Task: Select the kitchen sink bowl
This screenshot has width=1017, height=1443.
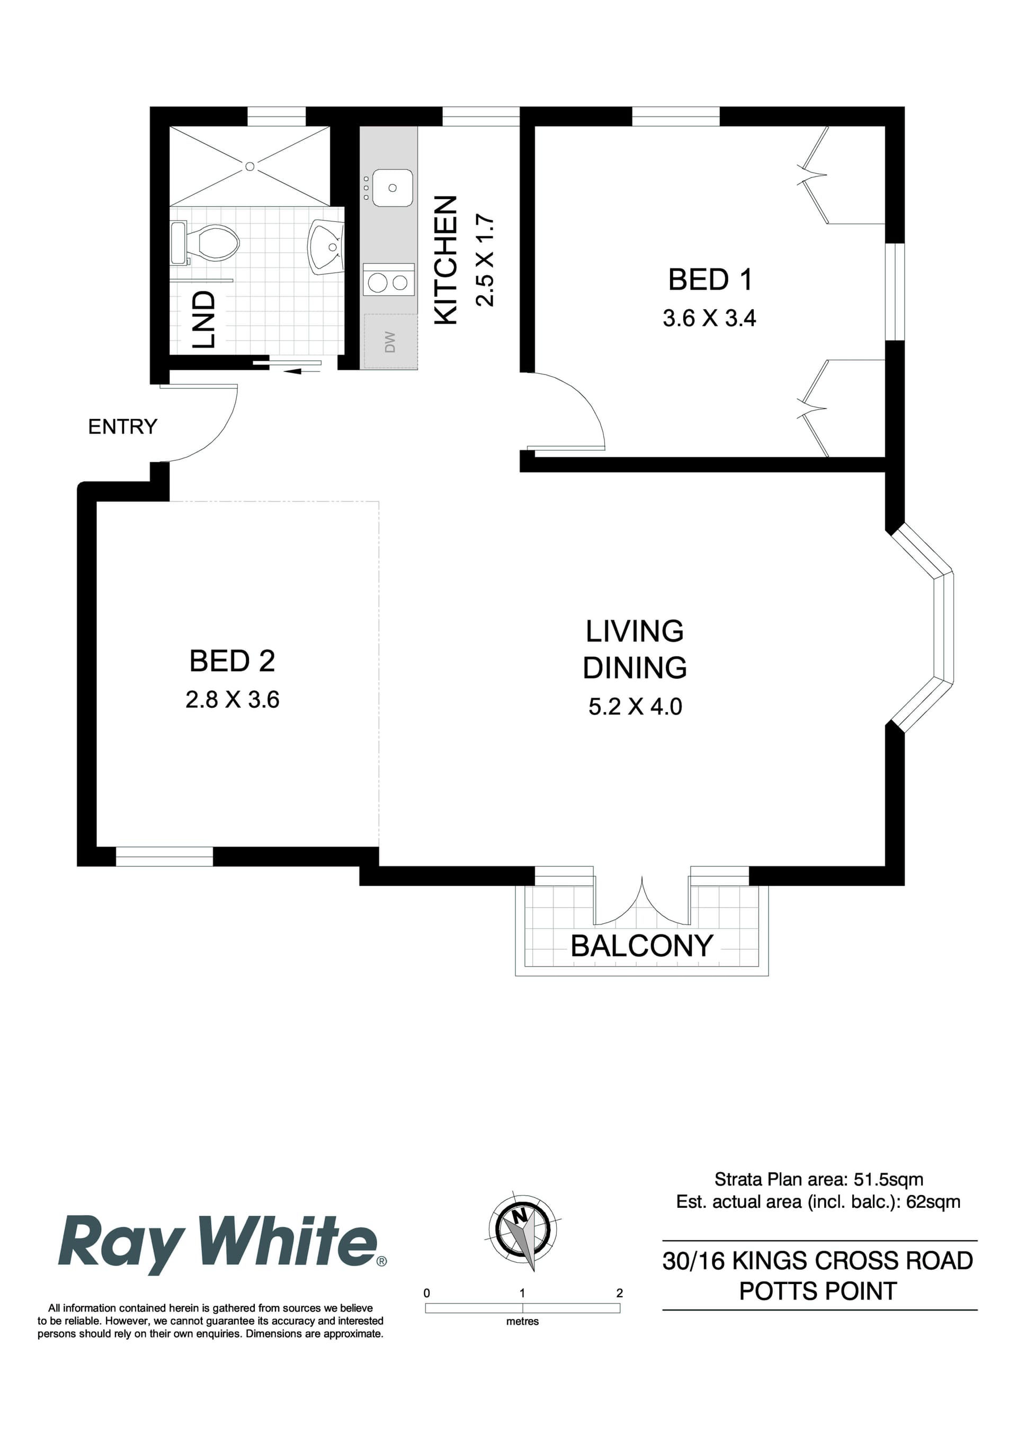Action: tap(392, 188)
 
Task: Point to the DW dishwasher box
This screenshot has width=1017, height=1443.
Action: tap(390, 341)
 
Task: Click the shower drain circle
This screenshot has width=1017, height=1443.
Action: tap(249, 166)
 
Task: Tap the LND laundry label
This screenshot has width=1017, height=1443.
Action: tap(203, 319)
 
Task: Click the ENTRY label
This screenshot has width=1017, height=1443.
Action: tap(122, 427)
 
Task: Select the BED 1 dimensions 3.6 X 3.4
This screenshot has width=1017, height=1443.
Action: tap(709, 318)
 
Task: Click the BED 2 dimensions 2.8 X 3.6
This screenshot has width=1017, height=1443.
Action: tap(232, 699)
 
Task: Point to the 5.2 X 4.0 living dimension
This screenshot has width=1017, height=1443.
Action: tap(635, 707)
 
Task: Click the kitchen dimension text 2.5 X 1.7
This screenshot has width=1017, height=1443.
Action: tap(485, 260)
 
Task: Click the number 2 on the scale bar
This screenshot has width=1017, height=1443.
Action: tap(619, 1293)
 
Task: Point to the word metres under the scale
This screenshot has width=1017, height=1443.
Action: tap(522, 1321)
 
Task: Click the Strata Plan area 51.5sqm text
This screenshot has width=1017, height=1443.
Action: tap(818, 1179)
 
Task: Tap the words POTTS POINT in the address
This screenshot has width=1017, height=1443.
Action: tap(817, 1291)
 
